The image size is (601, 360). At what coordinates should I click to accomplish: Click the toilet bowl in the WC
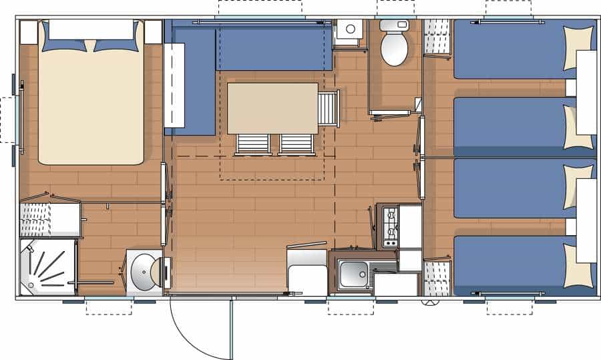click(393, 51)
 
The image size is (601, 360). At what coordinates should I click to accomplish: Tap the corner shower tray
click(47, 266)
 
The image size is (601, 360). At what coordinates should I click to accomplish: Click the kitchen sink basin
click(353, 275)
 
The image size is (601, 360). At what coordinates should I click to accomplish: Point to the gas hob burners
click(389, 225)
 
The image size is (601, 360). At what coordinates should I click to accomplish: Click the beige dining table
click(272, 108)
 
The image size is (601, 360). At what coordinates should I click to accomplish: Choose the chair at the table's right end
click(329, 108)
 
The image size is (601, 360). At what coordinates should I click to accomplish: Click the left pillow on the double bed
click(64, 44)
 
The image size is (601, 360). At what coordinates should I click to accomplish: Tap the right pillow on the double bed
click(116, 44)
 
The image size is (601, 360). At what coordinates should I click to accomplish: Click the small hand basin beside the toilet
click(349, 31)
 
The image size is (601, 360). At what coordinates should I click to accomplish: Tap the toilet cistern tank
click(394, 25)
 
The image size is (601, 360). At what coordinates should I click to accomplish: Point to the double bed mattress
click(91, 107)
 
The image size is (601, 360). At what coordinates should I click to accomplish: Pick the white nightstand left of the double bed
click(29, 32)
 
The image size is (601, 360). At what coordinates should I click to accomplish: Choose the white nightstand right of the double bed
click(154, 32)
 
